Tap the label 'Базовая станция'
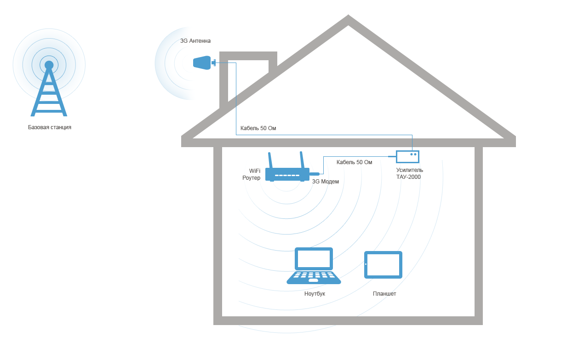(x=50, y=127)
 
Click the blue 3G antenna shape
(x=202, y=63)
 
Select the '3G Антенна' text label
(x=195, y=41)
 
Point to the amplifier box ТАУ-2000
(x=407, y=157)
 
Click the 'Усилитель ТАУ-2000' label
(x=409, y=173)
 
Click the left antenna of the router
(x=270, y=160)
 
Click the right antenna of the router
(x=302, y=160)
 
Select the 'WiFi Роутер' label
(x=251, y=174)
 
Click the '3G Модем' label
(x=325, y=182)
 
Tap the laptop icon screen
(x=314, y=258)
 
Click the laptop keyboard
(x=314, y=277)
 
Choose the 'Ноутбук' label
(x=315, y=294)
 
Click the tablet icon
(x=383, y=265)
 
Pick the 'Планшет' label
(x=384, y=294)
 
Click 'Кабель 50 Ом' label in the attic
(x=258, y=128)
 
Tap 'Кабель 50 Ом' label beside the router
(x=355, y=162)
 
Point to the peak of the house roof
(x=349, y=16)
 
